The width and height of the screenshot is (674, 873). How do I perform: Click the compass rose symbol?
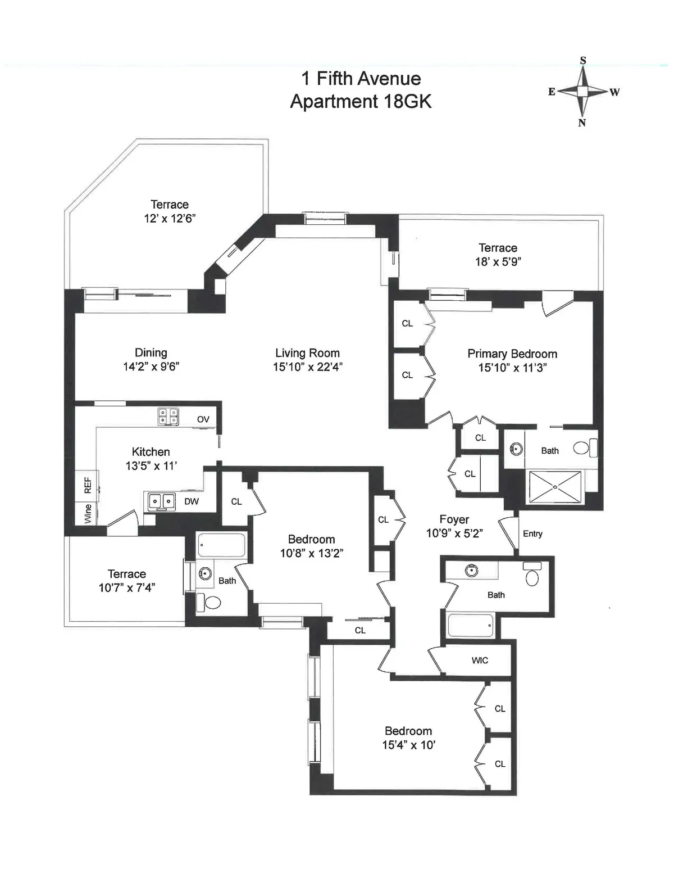[583, 91]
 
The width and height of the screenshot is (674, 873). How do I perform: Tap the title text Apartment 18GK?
[361, 101]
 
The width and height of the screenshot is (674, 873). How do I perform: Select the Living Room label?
[307, 353]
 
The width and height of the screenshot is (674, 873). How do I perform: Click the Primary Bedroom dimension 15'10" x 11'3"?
[512, 368]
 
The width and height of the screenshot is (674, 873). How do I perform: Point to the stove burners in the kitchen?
[168, 417]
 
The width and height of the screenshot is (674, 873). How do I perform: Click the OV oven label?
[203, 419]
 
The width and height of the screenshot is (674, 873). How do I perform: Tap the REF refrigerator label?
[88, 486]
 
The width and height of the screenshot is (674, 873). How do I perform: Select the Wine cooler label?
[88, 514]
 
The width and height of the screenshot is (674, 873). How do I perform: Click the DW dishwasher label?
[192, 501]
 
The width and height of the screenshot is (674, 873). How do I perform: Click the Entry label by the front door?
[532, 533]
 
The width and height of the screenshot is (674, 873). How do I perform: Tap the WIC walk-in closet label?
[480, 661]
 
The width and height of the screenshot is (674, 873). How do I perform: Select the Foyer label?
[454, 519]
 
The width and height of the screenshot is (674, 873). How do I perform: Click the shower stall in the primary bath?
[555, 487]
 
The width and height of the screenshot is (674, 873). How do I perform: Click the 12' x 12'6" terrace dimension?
[169, 219]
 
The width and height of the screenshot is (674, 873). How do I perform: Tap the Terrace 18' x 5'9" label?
[498, 248]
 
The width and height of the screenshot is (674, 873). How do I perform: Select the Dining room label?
[151, 352]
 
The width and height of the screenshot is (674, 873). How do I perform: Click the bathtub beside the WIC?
[471, 625]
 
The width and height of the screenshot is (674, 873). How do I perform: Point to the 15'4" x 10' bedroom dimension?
[408, 745]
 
